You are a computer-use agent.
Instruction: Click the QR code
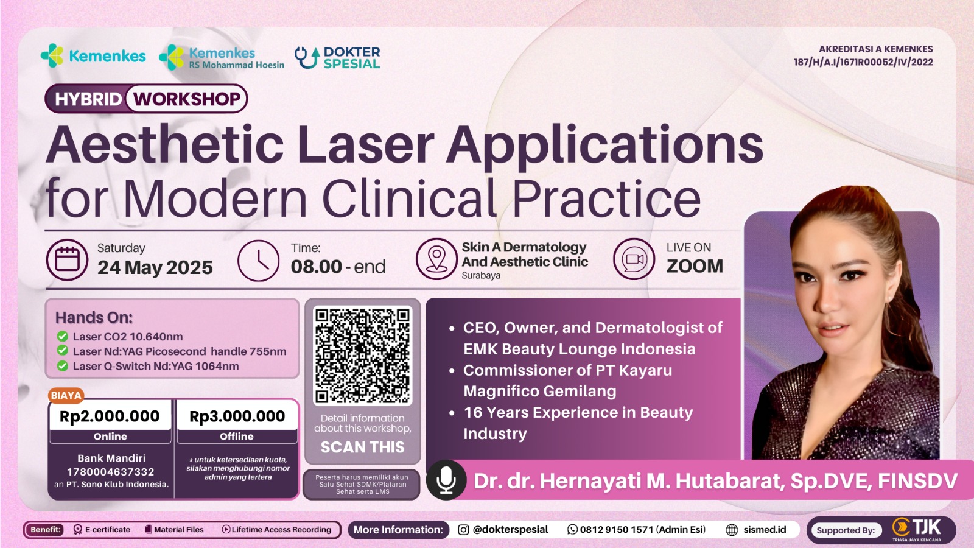(x=363, y=356)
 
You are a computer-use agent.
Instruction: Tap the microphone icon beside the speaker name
(x=446, y=480)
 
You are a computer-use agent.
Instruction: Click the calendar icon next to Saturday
(x=68, y=259)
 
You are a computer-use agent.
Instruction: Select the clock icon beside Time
(x=258, y=261)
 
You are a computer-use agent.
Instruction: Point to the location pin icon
(x=436, y=259)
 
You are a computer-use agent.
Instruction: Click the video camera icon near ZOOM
(x=634, y=259)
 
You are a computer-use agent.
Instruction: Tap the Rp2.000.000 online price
(x=110, y=416)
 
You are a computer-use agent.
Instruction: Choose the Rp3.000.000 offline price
(x=237, y=416)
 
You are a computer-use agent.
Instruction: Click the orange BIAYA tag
(x=66, y=395)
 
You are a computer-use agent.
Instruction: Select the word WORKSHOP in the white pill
(x=186, y=99)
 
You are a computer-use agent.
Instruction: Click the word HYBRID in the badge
(x=88, y=99)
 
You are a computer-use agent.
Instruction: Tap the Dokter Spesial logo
(x=337, y=58)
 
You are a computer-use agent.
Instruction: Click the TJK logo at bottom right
(x=917, y=530)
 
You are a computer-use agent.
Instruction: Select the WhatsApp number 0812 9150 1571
(x=617, y=529)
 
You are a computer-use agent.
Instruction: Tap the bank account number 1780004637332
(x=110, y=472)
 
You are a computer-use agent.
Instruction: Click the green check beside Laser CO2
(x=62, y=336)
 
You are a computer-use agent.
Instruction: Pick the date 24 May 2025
(x=155, y=267)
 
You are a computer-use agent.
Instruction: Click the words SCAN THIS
(x=363, y=447)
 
